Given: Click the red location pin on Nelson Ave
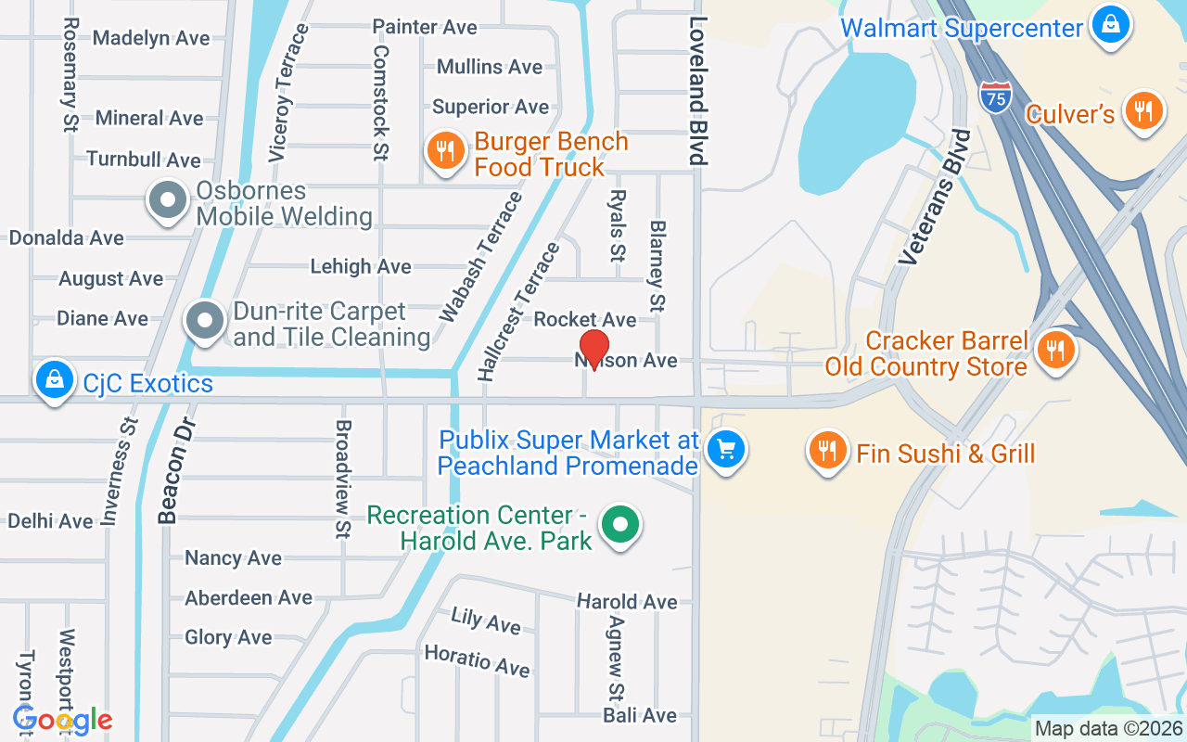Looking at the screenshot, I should (593, 347).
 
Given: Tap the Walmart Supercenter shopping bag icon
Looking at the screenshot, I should (1110, 25).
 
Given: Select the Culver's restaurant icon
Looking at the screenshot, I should (1143, 110).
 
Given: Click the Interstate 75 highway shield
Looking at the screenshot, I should (994, 97).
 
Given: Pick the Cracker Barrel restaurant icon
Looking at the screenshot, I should (1054, 350).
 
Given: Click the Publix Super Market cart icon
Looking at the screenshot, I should (725, 450).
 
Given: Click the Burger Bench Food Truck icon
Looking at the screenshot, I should (446, 150).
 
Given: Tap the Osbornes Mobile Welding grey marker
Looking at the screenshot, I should (168, 201).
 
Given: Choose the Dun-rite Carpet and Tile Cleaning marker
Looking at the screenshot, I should (205, 322).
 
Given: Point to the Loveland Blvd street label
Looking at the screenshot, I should (698, 91).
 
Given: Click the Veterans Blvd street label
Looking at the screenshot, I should (935, 198).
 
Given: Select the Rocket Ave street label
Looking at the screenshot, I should (585, 319).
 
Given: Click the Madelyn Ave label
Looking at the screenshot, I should (151, 38).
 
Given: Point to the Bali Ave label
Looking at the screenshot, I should (640, 715).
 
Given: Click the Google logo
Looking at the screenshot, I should (63, 720).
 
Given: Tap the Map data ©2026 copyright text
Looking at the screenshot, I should (1109, 728).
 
